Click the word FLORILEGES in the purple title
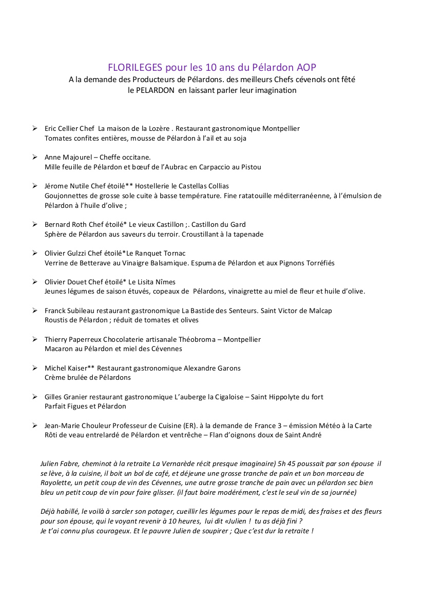[135, 68]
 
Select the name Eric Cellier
[62, 129]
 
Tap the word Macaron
[59, 349]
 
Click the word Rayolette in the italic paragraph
[57, 483]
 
